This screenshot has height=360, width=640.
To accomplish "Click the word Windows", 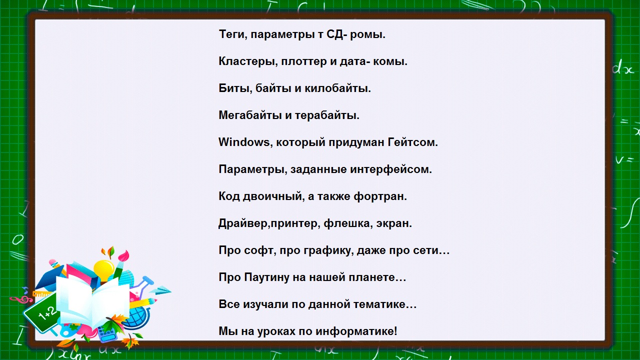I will point(243,142).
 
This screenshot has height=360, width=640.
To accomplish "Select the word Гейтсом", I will point(412,142).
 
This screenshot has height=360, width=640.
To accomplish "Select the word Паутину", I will point(266,277).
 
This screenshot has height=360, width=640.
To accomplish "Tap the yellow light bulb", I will point(103,267).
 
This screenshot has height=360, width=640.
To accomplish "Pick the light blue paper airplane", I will point(160,290).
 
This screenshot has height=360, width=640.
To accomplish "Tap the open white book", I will point(92,300).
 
